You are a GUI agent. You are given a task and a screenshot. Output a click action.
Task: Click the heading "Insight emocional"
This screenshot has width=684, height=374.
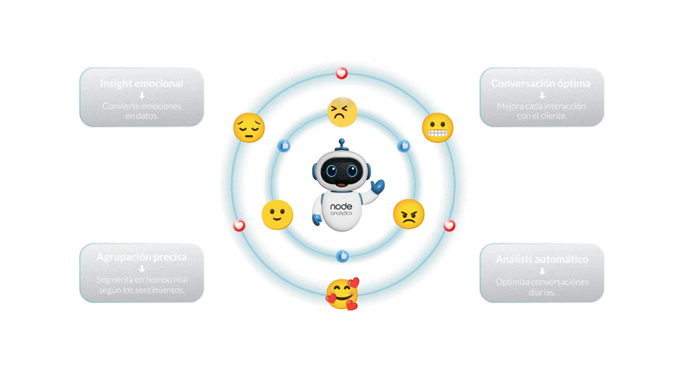(141, 84)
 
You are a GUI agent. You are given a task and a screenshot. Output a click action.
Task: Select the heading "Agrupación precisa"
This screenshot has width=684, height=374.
(142, 257)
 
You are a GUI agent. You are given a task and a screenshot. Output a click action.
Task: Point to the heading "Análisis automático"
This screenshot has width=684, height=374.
(542, 259)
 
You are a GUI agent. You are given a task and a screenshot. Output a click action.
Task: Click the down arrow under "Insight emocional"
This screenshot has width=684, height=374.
(142, 95)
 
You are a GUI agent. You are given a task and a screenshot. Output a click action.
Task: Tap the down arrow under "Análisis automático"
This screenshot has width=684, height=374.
(542, 271)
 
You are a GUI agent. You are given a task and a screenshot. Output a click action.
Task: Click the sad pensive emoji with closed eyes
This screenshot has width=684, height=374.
(249, 128)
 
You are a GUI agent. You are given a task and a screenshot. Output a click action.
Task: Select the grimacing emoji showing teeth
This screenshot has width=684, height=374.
(437, 128)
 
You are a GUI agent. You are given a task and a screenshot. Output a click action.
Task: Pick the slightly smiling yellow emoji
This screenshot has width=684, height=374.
(277, 215)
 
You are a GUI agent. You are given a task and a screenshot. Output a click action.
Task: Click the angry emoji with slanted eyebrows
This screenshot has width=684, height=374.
(409, 214)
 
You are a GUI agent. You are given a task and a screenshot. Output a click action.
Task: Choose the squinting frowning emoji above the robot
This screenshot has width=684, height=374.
(342, 112)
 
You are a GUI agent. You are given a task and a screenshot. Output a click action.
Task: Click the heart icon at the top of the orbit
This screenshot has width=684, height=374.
(341, 73)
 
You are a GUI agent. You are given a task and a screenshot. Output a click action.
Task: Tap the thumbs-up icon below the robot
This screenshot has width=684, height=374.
(343, 256)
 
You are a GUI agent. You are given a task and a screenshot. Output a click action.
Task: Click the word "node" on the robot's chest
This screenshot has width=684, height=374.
(341, 207)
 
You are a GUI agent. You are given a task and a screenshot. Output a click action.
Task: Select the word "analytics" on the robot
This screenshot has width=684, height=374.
(341, 213)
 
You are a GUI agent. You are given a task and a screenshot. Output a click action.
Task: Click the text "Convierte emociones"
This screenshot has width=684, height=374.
(142, 106)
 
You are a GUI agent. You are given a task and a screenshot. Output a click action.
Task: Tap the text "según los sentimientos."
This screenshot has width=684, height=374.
(142, 290)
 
